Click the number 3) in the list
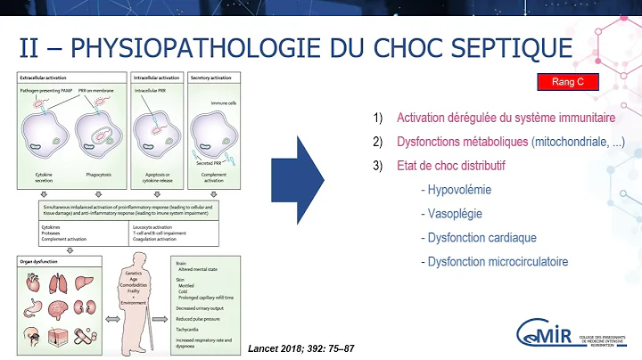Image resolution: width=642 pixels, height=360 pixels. tap(379, 166)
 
